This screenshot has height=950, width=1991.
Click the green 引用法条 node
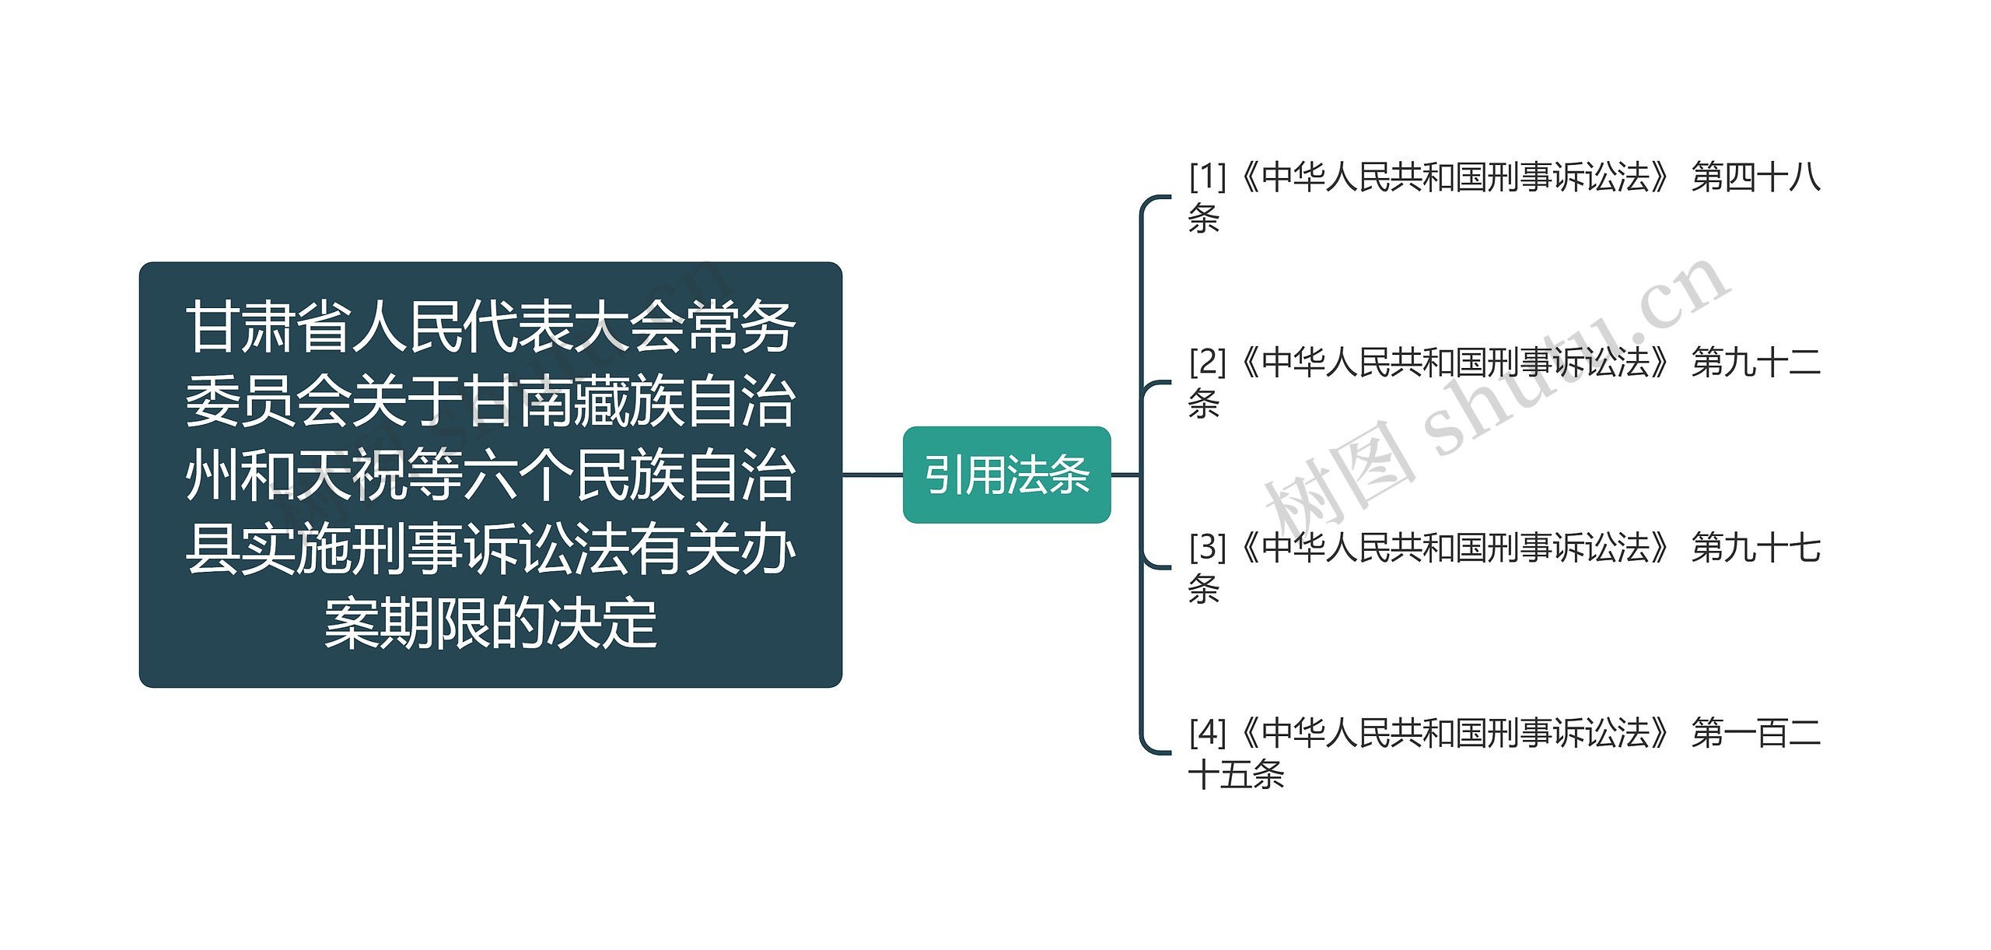point(1006,475)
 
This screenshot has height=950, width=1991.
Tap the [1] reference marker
point(1207,177)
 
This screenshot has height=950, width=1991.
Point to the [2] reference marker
point(1207,363)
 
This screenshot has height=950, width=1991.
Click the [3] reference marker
point(1207,548)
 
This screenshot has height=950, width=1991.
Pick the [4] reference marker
point(1207,733)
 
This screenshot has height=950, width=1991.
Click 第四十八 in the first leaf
point(1755,177)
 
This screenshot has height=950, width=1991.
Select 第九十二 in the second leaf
point(1755,363)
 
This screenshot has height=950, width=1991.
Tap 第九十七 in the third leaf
point(1755,548)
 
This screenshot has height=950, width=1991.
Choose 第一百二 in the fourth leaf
point(1755,733)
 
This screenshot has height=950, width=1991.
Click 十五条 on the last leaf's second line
point(1237,775)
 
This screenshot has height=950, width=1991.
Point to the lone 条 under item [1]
point(1204,219)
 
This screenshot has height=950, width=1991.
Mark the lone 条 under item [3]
point(1204,590)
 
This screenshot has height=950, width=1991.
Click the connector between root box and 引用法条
point(873,475)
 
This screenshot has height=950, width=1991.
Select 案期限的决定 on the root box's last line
point(490,624)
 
